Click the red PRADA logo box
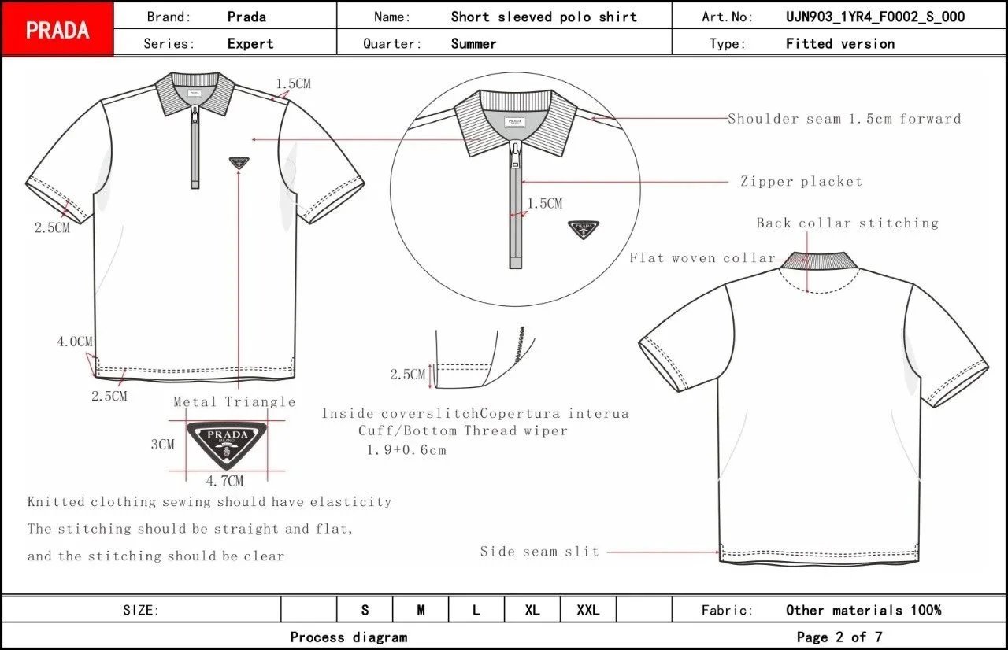57,29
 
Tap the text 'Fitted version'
839,44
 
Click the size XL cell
532,610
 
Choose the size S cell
365,610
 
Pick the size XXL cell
587,610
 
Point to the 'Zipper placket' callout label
801,182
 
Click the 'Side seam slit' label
539,552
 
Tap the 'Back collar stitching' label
847,223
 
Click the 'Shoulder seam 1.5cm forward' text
844,119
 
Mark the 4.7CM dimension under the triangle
225,481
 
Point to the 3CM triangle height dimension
163,445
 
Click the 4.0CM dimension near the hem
75,342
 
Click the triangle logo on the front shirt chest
239,163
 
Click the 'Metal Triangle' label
235,401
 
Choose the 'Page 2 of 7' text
839,637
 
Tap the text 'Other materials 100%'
863,610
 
